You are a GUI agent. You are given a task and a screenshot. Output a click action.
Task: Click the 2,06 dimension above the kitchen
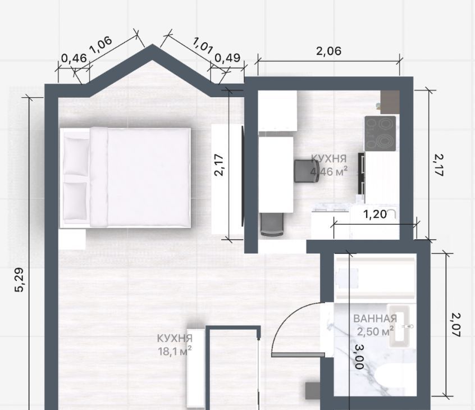pyautogui.click(x=328, y=51)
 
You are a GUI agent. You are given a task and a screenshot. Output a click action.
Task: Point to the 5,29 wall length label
pyautogui.click(x=19, y=280)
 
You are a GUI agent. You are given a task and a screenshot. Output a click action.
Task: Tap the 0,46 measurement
pyautogui.click(x=74, y=58)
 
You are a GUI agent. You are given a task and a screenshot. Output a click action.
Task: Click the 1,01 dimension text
pyautogui.click(x=203, y=45)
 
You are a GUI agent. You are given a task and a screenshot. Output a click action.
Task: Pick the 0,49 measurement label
pyautogui.click(x=227, y=58)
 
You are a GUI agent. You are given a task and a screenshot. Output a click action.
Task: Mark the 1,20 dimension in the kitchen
pyautogui.click(x=375, y=215)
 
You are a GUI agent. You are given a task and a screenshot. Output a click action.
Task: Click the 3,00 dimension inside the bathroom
pyautogui.click(x=359, y=357)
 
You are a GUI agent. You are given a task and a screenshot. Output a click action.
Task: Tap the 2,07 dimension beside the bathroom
pyautogui.click(x=455, y=325)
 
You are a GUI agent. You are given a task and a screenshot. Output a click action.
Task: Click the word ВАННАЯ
pyautogui.click(x=375, y=318)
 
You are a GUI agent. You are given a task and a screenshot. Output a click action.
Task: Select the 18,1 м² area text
pyautogui.click(x=175, y=351)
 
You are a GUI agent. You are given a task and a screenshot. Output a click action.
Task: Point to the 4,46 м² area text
pyautogui.click(x=328, y=171)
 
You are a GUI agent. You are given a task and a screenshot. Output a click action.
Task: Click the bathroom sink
pyautogui.click(x=400, y=326)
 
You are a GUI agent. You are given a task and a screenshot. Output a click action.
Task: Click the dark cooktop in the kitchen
pyautogui.click(x=380, y=133)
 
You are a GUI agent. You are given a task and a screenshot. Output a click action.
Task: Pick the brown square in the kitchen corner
pyautogui.click(x=390, y=102)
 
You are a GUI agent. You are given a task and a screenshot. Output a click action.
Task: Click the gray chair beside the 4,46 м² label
pyautogui.click(x=307, y=171)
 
